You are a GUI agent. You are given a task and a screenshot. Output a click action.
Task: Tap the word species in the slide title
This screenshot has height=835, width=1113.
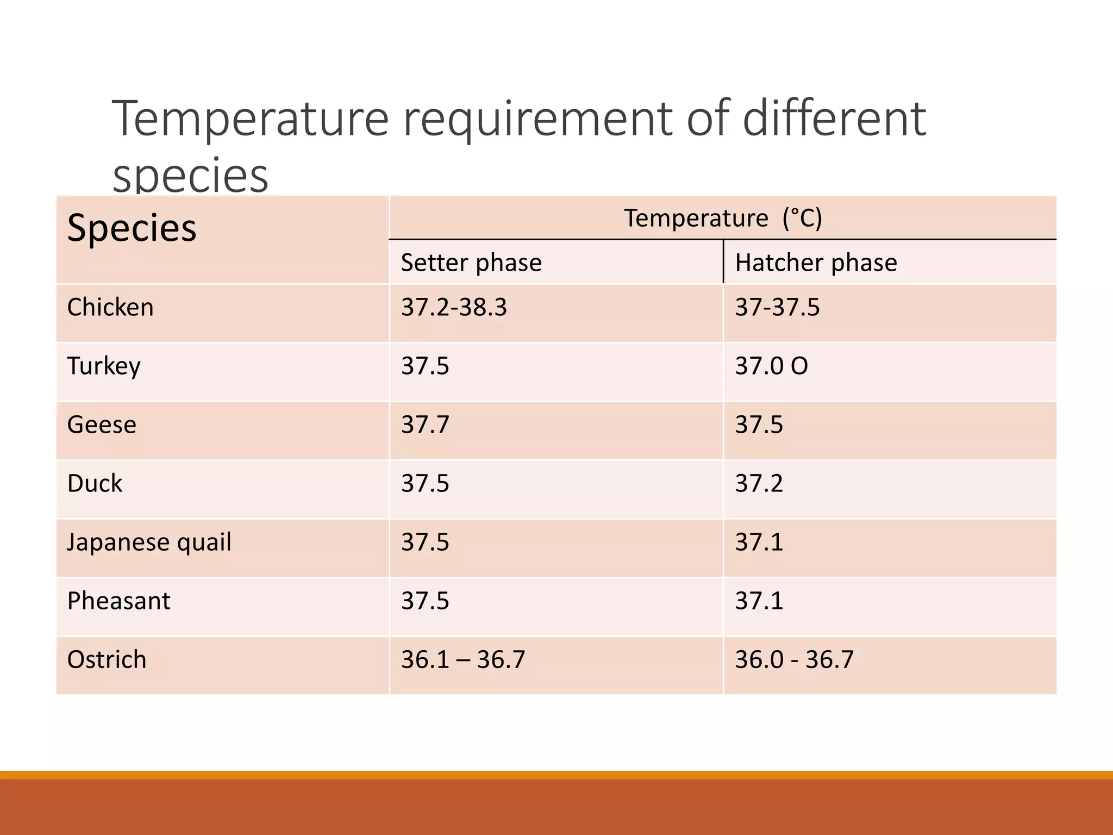(190, 176)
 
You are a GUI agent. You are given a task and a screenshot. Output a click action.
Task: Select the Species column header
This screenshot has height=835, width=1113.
(132, 228)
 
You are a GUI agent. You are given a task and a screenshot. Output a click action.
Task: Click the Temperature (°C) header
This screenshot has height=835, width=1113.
(723, 218)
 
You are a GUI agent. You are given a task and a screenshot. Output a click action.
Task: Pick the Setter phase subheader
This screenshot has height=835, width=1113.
(471, 263)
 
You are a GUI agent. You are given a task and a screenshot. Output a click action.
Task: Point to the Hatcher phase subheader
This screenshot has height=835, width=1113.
(816, 263)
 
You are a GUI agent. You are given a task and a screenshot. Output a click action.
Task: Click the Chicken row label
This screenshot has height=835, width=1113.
(110, 307)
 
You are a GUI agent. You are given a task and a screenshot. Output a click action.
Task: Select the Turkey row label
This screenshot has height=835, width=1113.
(104, 366)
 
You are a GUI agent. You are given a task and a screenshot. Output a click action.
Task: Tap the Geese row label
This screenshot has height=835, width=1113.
(102, 425)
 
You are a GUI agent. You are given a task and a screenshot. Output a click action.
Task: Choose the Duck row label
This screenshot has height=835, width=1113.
(95, 483)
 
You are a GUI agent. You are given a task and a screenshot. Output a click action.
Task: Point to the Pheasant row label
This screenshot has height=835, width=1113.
(118, 601)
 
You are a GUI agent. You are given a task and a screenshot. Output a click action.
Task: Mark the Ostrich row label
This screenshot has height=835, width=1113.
(107, 659)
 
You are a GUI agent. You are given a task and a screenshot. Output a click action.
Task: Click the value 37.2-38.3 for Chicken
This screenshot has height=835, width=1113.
(454, 307)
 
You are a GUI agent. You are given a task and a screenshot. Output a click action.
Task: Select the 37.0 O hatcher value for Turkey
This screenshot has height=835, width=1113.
(771, 366)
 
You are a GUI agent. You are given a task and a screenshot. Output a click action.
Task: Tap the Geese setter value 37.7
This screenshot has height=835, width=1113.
(425, 425)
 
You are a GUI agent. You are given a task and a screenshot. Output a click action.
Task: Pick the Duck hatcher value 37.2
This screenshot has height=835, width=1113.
(759, 483)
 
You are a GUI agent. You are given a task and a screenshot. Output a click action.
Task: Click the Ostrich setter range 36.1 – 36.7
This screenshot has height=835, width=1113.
(463, 659)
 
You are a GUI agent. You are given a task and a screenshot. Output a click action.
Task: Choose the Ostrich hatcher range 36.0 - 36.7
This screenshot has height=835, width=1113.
(794, 659)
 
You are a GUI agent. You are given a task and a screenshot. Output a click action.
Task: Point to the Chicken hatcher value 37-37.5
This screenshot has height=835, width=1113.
(777, 307)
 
